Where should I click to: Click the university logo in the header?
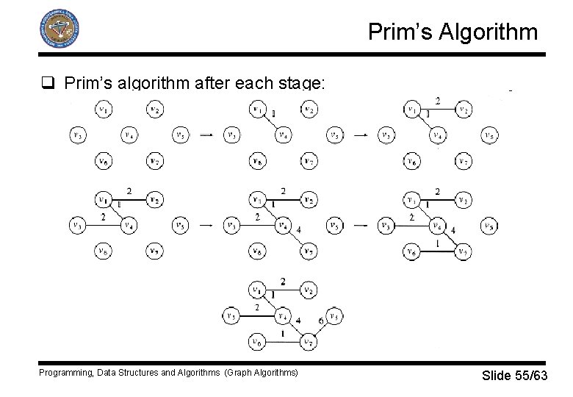(x=58, y=29)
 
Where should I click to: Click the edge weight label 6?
(x=320, y=321)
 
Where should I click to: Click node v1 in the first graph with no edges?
(x=104, y=110)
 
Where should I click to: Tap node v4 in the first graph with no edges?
(x=129, y=135)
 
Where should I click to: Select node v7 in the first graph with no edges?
(x=154, y=160)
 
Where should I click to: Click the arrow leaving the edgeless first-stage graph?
(x=207, y=135)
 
